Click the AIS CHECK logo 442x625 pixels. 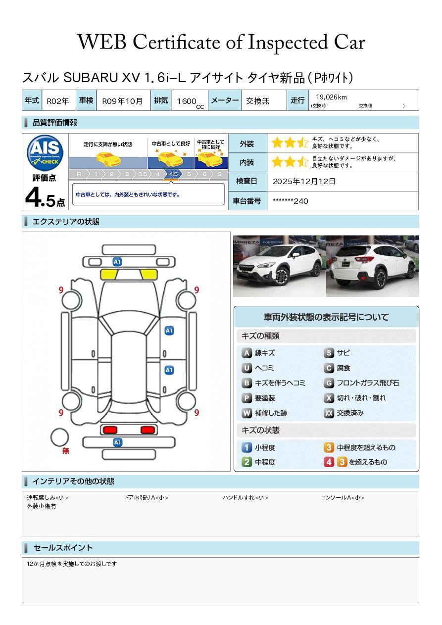45,153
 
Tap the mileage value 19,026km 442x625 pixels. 331,97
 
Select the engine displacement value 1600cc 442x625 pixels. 190,102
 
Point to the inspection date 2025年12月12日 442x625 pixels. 304,181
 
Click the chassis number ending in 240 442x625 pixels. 290,201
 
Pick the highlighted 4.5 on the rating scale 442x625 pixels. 173,174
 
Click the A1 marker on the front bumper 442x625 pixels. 117,262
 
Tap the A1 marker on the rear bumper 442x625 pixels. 117,442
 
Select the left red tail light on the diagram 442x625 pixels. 110,430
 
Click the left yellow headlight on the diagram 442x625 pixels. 108,275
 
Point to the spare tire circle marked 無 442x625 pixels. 59,437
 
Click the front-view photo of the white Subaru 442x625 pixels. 279,266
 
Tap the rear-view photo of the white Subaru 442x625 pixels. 373,266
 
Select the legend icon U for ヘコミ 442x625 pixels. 246,368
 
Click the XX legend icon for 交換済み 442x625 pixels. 329,413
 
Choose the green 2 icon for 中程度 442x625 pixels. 246,462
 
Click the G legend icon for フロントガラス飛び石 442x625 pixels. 329,383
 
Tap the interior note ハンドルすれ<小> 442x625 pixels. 246,497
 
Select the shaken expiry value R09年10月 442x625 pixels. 122,101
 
